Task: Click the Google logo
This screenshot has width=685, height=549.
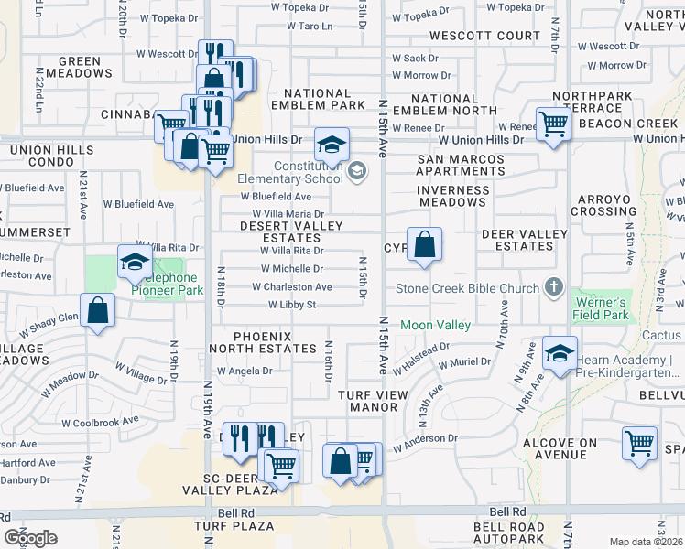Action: tap(30, 537)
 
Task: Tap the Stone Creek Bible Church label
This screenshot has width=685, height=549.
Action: tap(467, 289)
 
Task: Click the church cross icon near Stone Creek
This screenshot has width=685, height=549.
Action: tap(553, 288)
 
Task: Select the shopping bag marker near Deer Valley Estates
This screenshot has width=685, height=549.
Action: tap(424, 244)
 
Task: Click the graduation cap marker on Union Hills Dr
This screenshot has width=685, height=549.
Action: tap(332, 145)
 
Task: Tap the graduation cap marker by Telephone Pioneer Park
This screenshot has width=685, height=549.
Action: tap(135, 263)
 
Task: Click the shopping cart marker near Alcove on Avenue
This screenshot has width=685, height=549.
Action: tap(639, 443)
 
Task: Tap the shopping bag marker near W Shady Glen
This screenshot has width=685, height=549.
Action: tap(98, 310)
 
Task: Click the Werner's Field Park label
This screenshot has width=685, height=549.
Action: tap(602, 308)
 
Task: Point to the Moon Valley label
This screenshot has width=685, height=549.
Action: tap(435, 325)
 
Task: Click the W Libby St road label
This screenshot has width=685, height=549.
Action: tap(291, 305)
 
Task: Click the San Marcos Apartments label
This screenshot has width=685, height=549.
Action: tap(461, 165)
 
